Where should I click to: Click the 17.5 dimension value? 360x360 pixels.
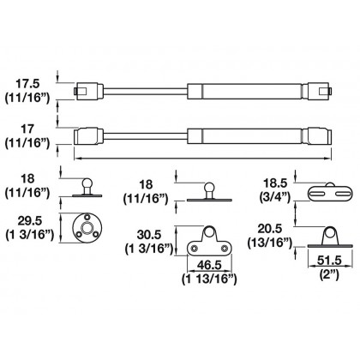[27, 84]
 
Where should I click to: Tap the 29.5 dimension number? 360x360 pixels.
[30, 221]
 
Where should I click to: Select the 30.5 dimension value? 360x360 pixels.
[149, 235]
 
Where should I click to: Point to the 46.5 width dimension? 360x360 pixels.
[209, 265]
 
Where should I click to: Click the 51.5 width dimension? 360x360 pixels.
[329, 261]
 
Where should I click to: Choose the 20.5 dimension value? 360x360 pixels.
[270, 229]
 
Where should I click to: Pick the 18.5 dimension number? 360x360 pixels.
[275, 183]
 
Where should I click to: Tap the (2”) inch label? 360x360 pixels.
[329, 275]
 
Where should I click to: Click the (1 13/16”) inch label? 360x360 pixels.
[209, 279]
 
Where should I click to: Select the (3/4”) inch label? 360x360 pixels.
[275, 197]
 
